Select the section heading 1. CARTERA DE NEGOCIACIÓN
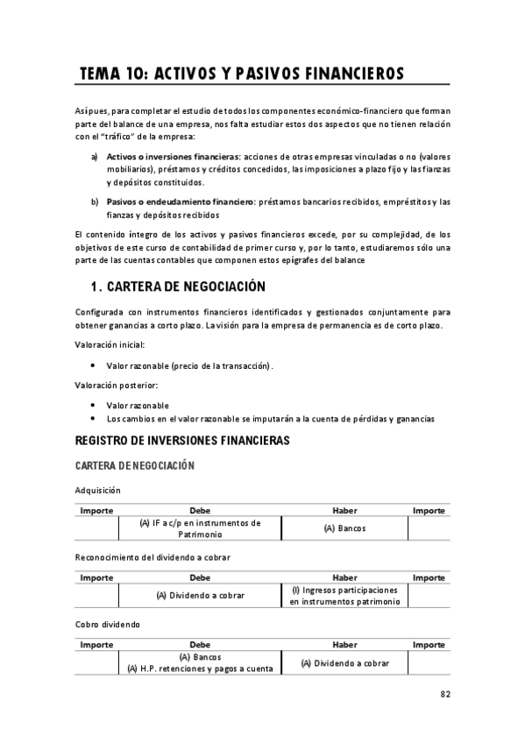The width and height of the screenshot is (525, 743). click(x=178, y=287)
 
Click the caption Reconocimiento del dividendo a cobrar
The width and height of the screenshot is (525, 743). click(x=153, y=556)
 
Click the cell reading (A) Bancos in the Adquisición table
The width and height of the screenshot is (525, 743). click(x=344, y=528)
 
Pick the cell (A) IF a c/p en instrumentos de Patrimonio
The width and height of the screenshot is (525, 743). click(x=200, y=528)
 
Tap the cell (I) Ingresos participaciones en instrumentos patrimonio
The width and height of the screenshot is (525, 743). click(x=344, y=596)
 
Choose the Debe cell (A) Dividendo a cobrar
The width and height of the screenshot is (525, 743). click(x=200, y=596)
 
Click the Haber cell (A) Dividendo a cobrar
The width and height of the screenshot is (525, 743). click(x=344, y=663)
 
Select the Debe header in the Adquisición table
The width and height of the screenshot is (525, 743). click(x=200, y=510)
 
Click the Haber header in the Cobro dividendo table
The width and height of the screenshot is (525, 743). click(x=344, y=644)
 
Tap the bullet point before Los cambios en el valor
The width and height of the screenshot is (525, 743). click(x=93, y=419)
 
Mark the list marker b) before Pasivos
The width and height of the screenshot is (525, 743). click(x=95, y=202)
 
